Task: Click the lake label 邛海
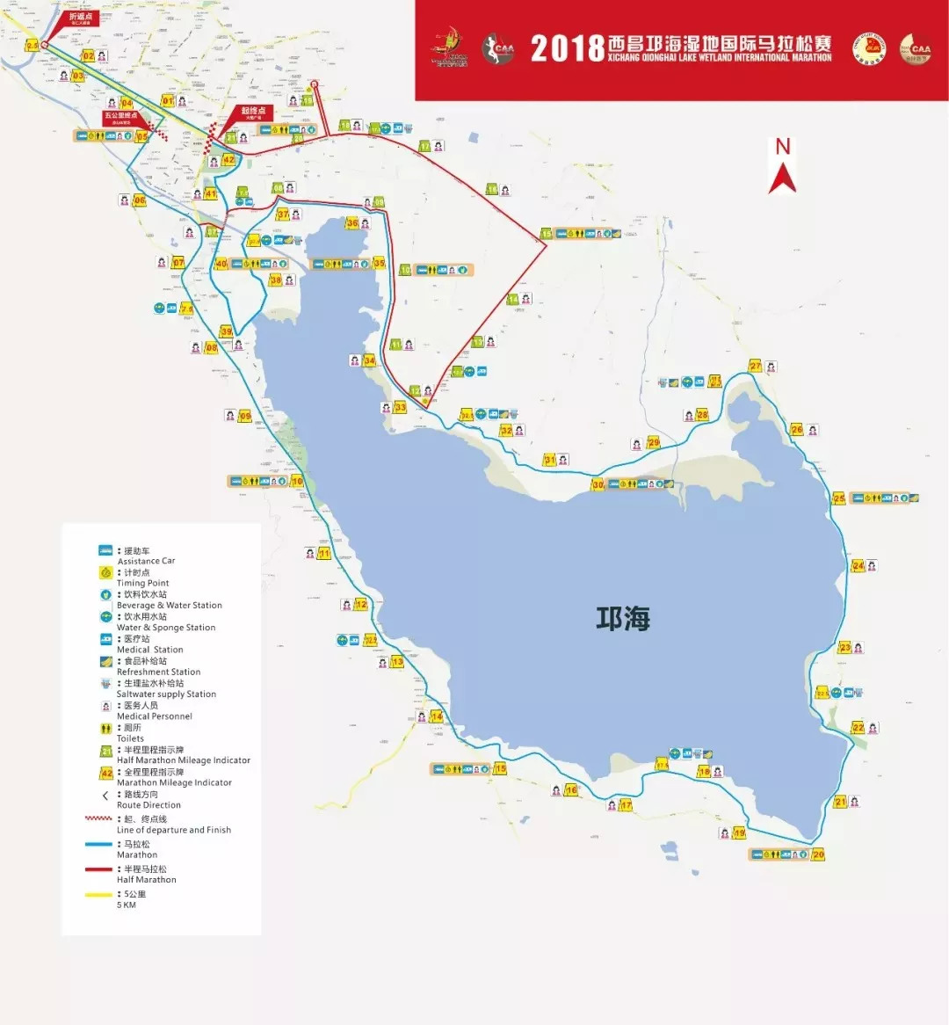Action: point(623,619)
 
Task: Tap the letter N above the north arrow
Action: point(782,147)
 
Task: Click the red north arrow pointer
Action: point(782,178)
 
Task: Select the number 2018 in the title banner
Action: point(567,48)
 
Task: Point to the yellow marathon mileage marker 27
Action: point(755,366)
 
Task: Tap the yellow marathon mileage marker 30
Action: point(598,484)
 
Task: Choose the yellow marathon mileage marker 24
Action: point(858,565)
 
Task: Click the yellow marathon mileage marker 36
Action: point(352,223)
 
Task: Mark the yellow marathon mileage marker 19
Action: point(739,832)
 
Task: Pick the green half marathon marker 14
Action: point(512,300)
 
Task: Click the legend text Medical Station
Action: point(149,650)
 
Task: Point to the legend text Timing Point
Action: point(142,583)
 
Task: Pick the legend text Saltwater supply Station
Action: point(166,694)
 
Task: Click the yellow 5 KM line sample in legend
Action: point(98,895)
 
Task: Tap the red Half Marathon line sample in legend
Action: point(98,869)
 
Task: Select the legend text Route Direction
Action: point(149,804)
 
